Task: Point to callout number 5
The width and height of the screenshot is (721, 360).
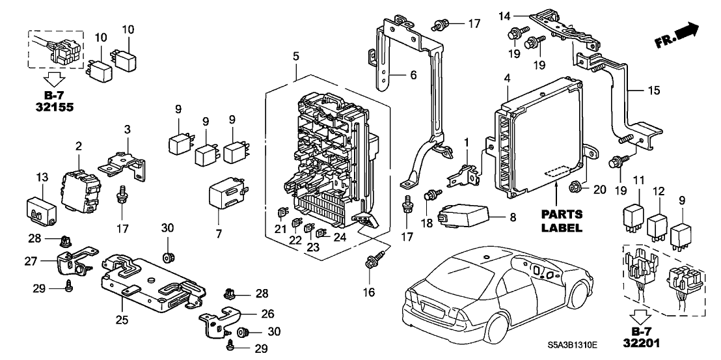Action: (296, 57)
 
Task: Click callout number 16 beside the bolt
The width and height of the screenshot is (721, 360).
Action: (370, 293)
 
